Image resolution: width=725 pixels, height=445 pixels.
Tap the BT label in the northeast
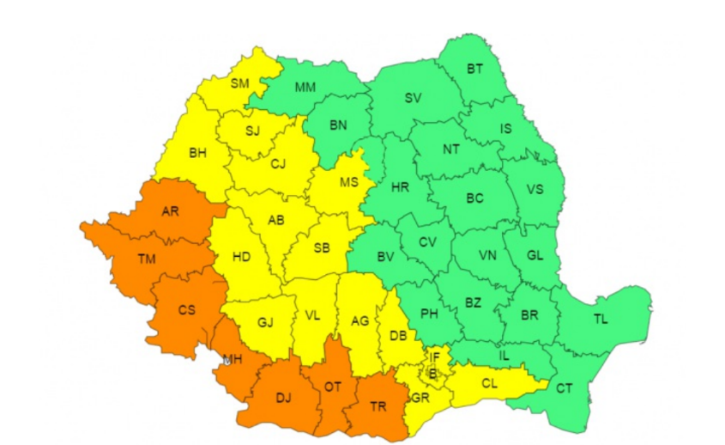pos(474,68)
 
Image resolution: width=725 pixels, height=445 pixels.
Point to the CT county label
pos(564,389)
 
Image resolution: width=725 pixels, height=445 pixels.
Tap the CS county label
pos(186,310)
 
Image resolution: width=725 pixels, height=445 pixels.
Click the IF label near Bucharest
pos(435,357)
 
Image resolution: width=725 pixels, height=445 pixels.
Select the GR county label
pos(420,399)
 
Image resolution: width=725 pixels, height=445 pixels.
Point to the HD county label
pos(242,256)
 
